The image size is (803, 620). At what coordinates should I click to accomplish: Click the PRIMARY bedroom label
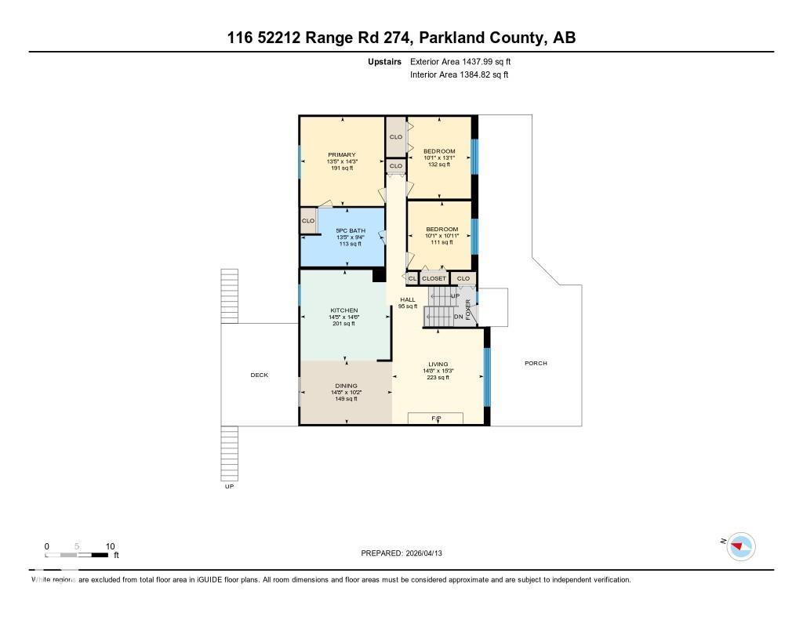[x=341, y=155]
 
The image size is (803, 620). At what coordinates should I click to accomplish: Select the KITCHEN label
[x=343, y=310]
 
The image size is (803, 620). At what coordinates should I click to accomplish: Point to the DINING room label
[x=346, y=386]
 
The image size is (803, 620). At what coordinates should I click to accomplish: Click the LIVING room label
[x=438, y=364]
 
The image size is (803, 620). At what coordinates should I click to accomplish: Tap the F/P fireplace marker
[x=436, y=419]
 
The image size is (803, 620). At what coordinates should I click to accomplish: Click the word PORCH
[x=536, y=364]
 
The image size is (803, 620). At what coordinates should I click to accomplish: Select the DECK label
[x=259, y=375]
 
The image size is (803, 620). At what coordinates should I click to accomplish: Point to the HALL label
[x=408, y=300]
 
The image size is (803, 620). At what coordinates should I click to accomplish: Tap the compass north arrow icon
[x=739, y=546]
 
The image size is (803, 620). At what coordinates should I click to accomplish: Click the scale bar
[x=78, y=555]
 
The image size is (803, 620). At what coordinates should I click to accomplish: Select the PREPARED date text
[x=406, y=553]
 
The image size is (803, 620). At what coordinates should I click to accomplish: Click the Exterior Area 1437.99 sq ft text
[x=460, y=61]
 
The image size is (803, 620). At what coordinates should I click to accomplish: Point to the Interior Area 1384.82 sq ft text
[x=460, y=75]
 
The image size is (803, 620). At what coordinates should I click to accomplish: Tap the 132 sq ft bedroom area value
[x=438, y=164]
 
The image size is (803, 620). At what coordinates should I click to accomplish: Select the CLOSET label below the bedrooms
[x=434, y=278]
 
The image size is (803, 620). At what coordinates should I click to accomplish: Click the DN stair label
[x=458, y=317]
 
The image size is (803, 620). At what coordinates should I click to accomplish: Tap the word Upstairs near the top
[x=384, y=61]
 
